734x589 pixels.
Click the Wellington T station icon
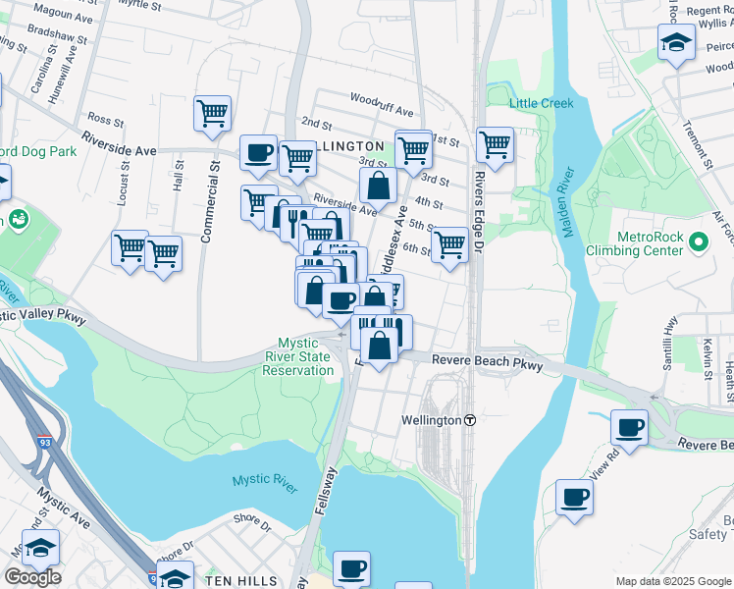tap(470, 420)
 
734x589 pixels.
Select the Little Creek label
tap(535, 103)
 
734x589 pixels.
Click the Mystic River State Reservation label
tap(305, 356)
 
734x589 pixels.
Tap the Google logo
tap(32, 576)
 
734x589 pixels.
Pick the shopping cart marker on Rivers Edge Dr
tap(495, 145)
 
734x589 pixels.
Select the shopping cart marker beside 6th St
tap(449, 244)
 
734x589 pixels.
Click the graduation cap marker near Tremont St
tap(676, 42)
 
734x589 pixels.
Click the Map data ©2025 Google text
tap(673, 581)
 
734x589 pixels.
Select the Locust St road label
tap(122, 183)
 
